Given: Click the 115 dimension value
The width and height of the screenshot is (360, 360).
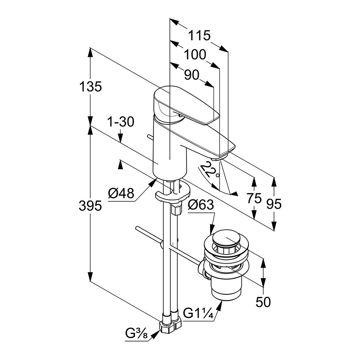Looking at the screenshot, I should pos(200,35).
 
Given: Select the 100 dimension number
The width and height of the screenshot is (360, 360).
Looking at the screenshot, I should pos(195,55).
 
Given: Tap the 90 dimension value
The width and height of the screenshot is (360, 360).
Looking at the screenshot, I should pos(191,75).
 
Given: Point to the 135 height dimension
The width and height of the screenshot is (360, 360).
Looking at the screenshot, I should pos(91,86).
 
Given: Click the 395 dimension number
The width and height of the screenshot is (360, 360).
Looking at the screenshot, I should pos(91,206).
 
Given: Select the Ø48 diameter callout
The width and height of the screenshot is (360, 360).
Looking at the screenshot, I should pos(121,193).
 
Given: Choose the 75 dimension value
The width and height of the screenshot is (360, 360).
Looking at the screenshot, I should pos(254,198).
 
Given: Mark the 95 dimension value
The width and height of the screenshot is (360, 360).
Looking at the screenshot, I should pos(273,204).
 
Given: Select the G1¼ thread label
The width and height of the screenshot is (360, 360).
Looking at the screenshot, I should pos(198,314).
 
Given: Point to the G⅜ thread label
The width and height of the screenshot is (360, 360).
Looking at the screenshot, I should pos(137,335).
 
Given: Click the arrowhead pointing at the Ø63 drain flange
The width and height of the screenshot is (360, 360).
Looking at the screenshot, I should pos(211,230).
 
